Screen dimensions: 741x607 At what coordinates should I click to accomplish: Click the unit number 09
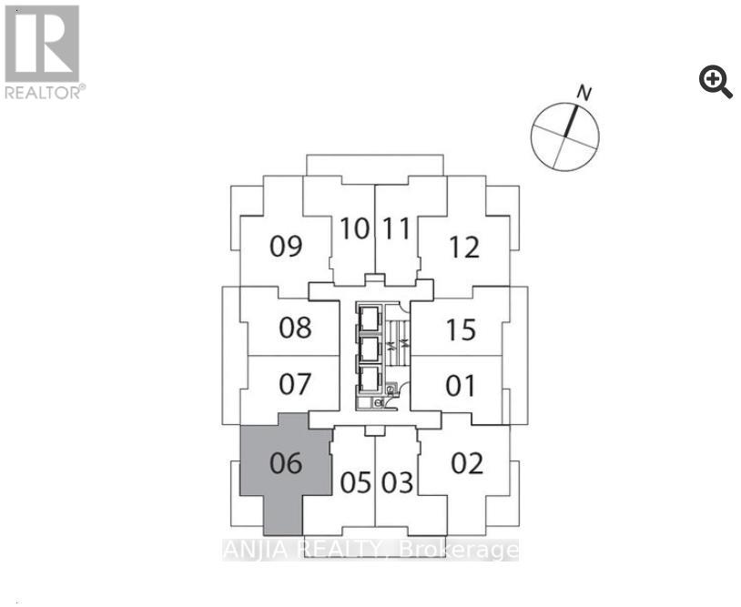tap(286, 246)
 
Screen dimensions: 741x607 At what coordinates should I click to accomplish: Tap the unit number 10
tap(354, 228)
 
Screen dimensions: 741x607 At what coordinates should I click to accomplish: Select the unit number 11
tap(396, 228)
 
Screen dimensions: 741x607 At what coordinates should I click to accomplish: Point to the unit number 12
tap(464, 247)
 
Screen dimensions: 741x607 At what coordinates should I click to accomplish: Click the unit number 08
tap(295, 328)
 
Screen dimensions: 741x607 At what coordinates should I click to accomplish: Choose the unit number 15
tap(462, 329)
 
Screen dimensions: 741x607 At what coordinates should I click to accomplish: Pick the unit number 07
tap(295, 384)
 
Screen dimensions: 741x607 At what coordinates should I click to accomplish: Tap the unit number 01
tap(461, 386)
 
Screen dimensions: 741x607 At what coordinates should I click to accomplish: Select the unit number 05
tap(355, 482)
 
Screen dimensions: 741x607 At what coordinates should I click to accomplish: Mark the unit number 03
tap(398, 482)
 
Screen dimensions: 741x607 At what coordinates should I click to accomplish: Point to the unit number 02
tap(467, 463)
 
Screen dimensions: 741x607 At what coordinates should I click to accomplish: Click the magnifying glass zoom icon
tap(716, 82)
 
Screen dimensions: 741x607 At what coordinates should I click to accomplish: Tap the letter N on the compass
tap(584, 94)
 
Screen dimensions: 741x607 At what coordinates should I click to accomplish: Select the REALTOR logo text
tap(46, 92)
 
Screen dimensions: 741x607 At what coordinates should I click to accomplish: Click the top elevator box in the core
tap(369, 318)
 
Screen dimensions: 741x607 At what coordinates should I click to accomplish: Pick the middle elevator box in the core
tap(369, 349)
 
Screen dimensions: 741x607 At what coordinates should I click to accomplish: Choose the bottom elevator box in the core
tap(369, 379)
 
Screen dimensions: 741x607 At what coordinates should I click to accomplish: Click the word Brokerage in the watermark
tap(459, 551)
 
